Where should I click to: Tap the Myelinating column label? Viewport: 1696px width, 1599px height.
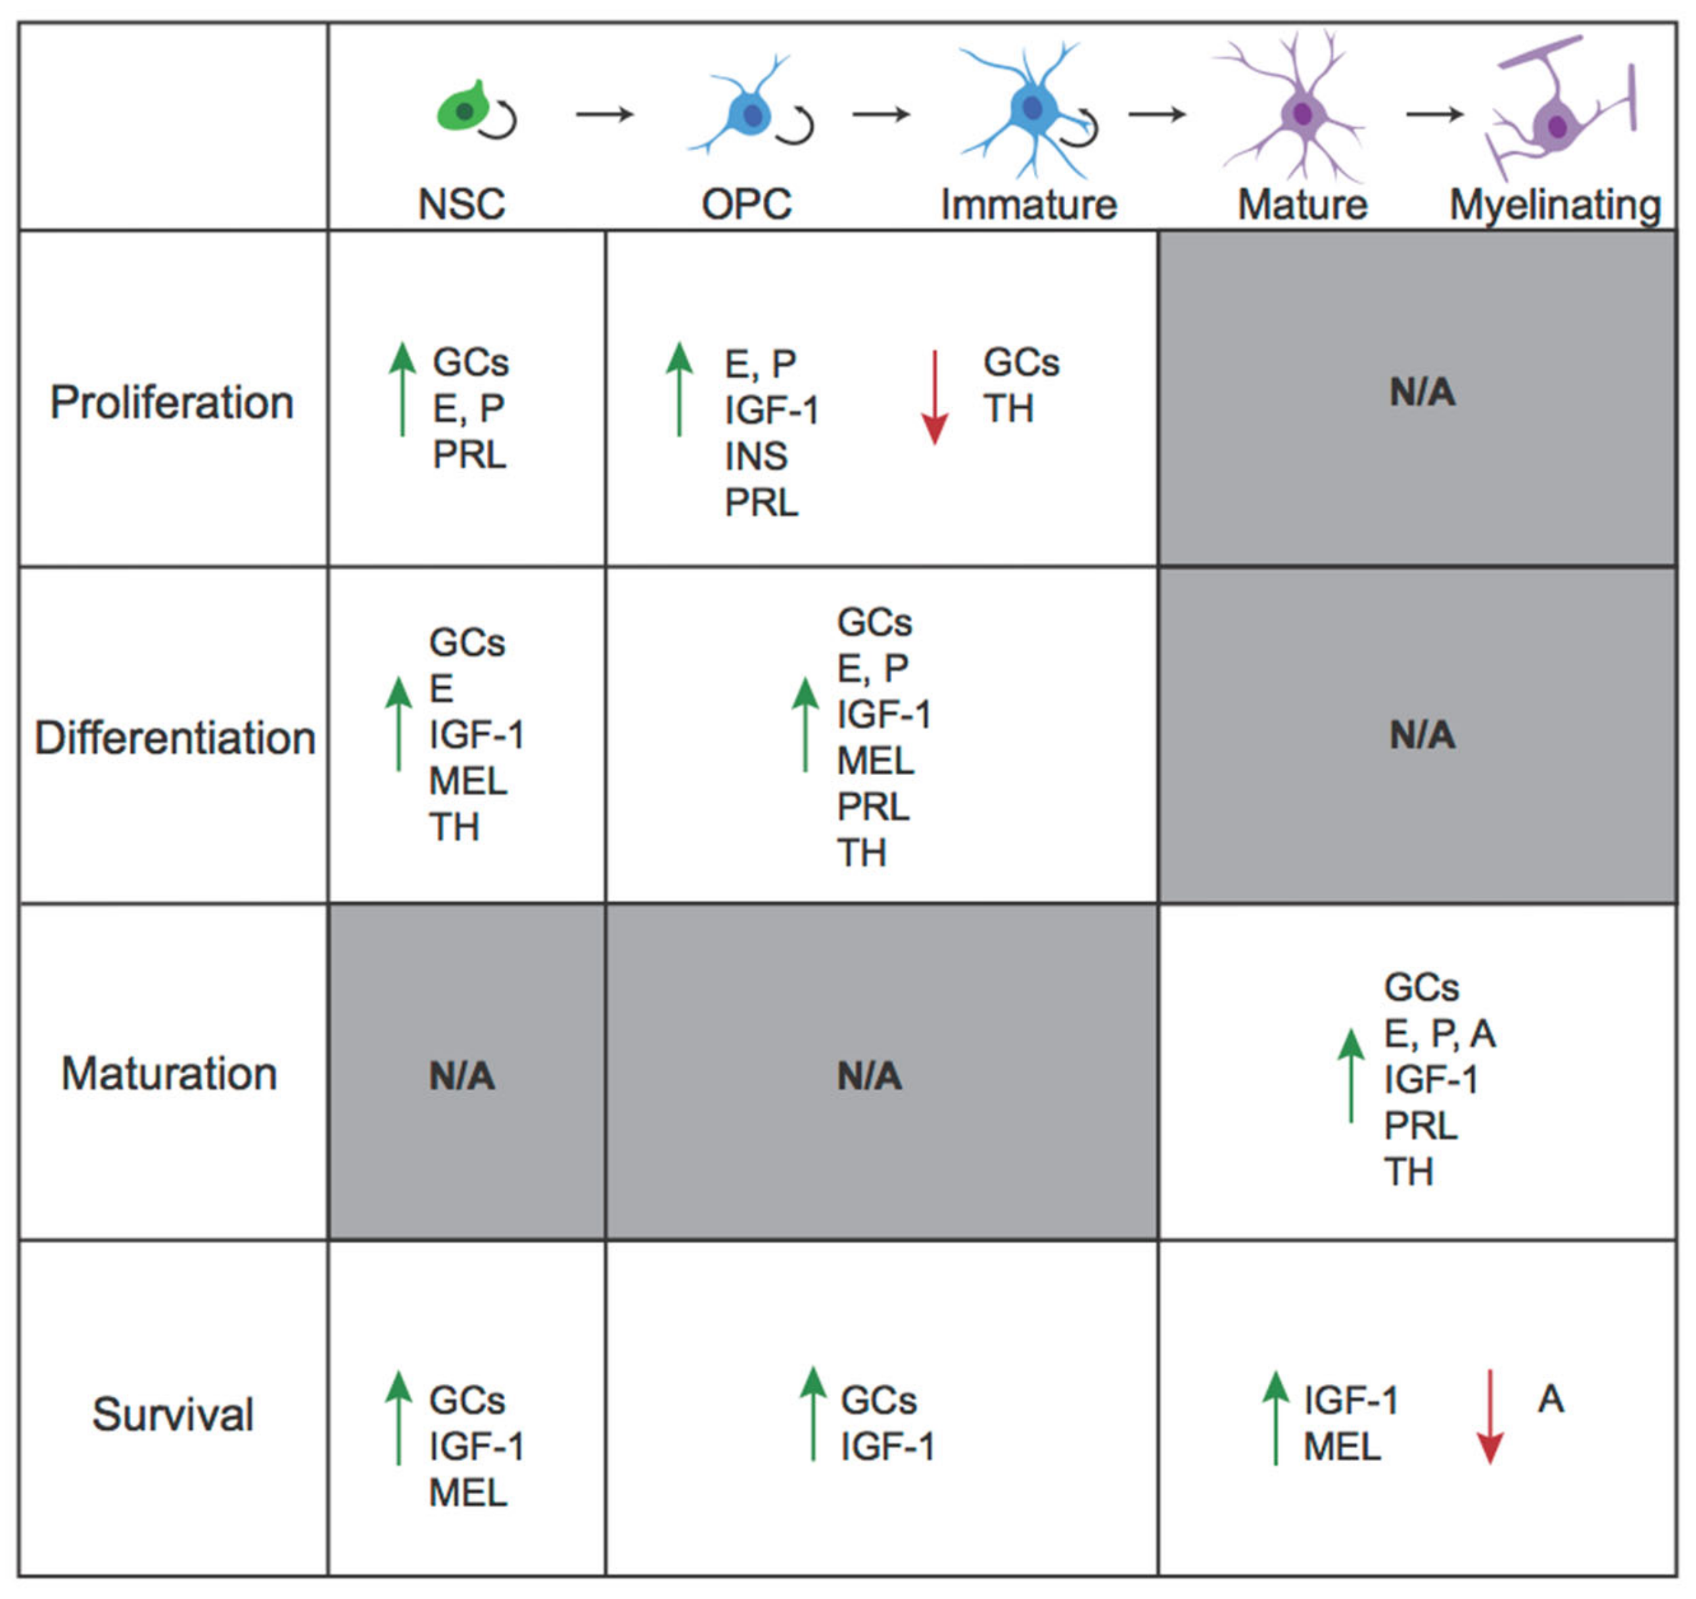[1555, 205]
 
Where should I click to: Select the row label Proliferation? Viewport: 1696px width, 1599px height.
[172, 402]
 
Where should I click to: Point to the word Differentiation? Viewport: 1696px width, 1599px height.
[174, 737]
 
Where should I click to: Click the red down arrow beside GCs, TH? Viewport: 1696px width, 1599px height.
[935, 397]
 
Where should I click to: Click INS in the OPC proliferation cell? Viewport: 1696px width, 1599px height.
[756, 457]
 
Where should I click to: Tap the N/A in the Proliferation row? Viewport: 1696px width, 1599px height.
[1422, 392]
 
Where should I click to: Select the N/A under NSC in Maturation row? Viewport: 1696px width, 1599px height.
[462, 1076]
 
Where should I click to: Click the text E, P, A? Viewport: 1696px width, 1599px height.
[1439, 1034]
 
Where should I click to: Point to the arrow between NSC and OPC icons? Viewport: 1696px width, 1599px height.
[605, 114]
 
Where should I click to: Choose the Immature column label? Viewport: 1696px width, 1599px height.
[1028, 205]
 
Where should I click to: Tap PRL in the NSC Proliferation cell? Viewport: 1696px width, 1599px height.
[469, 455]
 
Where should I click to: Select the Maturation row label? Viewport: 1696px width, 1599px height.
[169, 1073]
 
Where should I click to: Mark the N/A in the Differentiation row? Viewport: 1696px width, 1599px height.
[1422, 735]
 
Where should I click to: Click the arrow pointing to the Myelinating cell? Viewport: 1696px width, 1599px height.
[1435, 114]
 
